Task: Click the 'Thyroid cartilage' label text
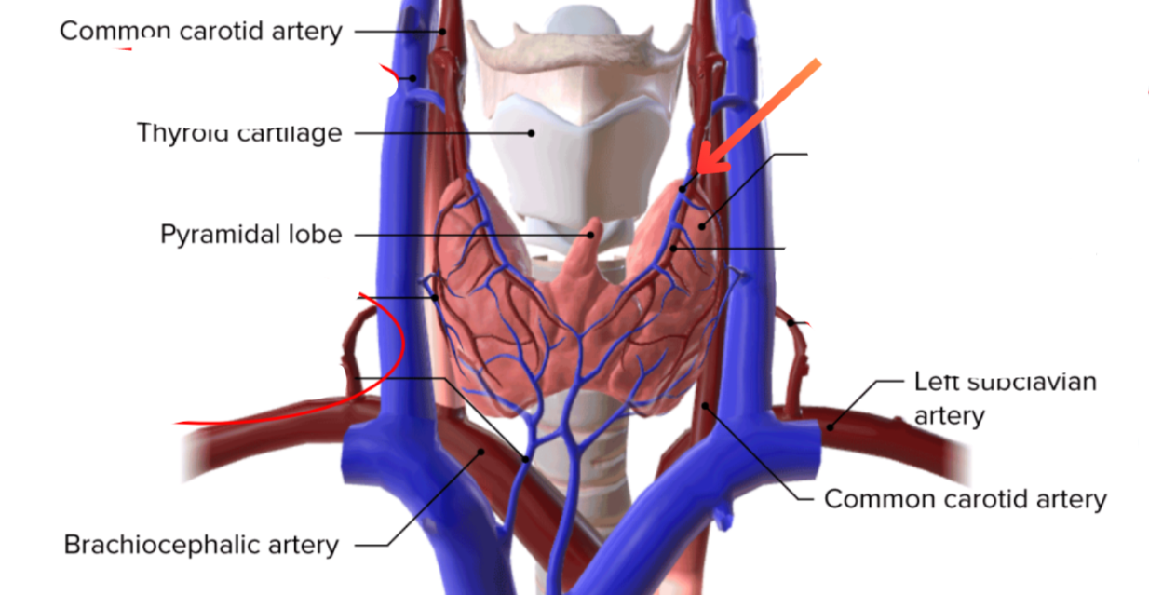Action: tap(239, 132)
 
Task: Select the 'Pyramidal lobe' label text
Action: tap(250, 234)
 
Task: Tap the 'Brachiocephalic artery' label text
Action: tap(200, 544)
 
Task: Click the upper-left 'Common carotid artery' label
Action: tap(200, 31)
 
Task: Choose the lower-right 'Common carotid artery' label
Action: tap(966, 499)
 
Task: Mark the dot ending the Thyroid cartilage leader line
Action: tap(532, 133)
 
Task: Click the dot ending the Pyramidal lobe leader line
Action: tap(590, 235)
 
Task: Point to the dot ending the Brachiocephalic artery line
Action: tap(481, 453)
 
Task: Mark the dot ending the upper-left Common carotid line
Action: tap(444, 32)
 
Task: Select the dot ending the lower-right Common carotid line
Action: tap(705, 405)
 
